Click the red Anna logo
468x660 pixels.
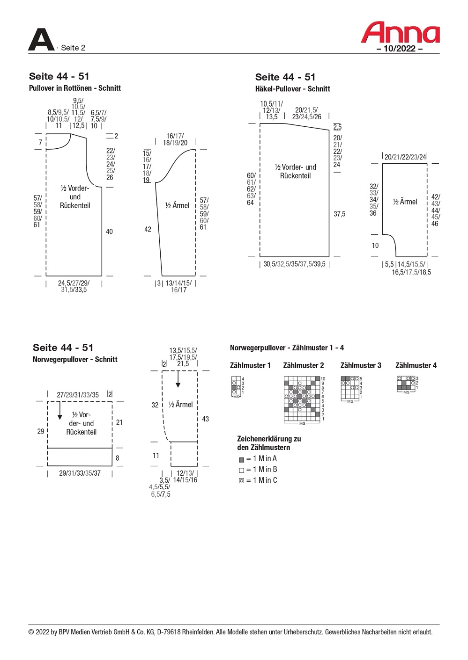(x=400, y=33)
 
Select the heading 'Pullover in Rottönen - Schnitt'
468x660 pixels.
(x=75, y=88)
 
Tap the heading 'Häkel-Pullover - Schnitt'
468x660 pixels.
(x=292, y=89)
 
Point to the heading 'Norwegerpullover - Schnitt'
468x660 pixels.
(x=75, y=359)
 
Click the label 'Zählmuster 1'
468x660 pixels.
(x=250, y=365)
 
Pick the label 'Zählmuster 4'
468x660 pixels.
(x=416, y=365)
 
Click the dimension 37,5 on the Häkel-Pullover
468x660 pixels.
(x=339, y=214)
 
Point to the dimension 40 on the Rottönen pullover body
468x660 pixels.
(x=109, y=232)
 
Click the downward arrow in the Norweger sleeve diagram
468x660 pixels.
(x=178, y=379)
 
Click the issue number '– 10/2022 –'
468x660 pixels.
(x=400, y=49)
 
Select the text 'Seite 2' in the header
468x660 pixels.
(x=73, y=48)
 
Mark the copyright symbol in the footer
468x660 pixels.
(x=31, y=632)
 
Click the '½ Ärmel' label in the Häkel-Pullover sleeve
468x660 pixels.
(x=405, y=202)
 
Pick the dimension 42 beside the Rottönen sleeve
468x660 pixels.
(x=148, y=229)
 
